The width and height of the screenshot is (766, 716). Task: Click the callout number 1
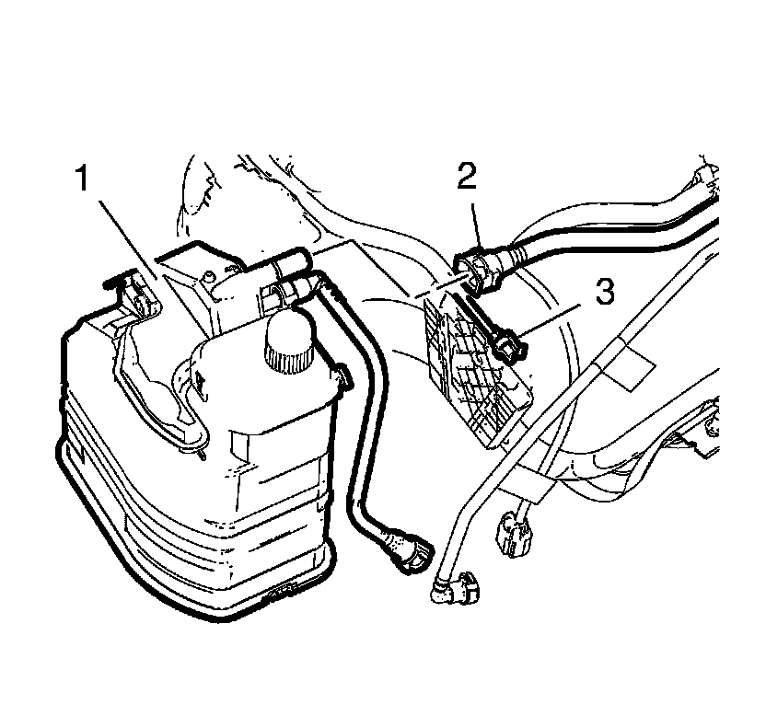point(83,178)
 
